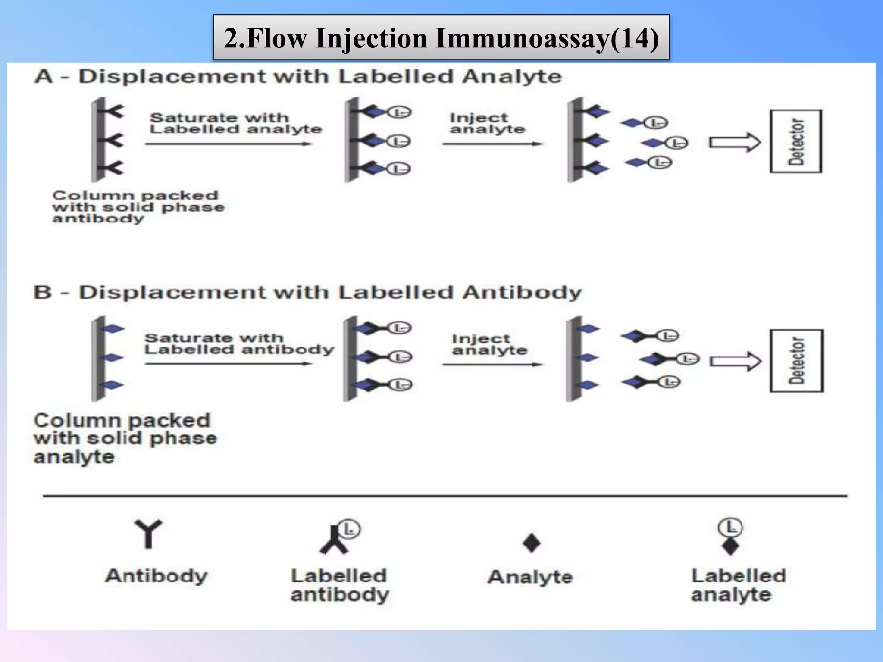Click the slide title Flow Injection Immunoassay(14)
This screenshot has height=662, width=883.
(441, 38)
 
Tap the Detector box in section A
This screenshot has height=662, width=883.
(796, 142)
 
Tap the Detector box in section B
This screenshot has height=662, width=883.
(796, 361)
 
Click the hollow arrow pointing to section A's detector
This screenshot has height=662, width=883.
(735, 142)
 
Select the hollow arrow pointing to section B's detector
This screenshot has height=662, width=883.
(735, 362)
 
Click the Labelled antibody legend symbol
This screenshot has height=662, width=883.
(338, 539)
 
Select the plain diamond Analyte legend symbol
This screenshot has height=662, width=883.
(531, 543)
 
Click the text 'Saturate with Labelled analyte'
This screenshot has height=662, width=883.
(235, 123)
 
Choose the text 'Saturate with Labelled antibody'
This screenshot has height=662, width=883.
(239, 343)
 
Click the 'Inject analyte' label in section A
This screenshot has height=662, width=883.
(487, 123)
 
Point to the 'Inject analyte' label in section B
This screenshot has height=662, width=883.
(489, 344)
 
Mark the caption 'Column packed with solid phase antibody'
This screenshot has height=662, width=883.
(138, 207)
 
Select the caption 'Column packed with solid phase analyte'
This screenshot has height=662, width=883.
(125, 438)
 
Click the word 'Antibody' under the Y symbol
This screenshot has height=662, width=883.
(157, 576)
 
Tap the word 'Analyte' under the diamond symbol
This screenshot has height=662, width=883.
(530, 577)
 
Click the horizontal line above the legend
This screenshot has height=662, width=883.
(444, 496)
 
